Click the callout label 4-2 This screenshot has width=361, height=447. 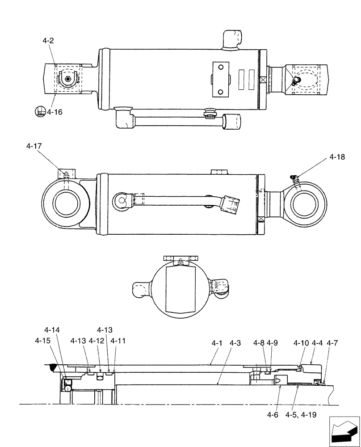pos(48,41)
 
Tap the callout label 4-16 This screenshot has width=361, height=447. pos(55,112)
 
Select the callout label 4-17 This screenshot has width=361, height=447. pos(34,146)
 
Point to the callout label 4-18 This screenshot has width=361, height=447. pos(338,157)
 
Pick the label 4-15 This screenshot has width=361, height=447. pos(43,341)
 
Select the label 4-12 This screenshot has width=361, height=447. pos(96,341)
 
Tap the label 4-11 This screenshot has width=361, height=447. pos(118,341)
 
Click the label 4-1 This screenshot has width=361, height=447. pos(217,343)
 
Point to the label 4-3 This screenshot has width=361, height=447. pos(235,343)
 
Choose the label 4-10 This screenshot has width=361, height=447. pos(301,343)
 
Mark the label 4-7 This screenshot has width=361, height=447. pos(332,343)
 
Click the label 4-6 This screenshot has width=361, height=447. pos(273,414)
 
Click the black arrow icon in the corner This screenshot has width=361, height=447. pos(344,431)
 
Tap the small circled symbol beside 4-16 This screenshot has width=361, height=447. pos(40,111)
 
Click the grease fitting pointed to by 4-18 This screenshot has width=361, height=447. pos(294,179)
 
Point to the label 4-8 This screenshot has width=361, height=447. pos(258,343)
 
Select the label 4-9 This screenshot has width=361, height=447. pos(273,343)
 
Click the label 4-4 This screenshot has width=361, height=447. pos(317,343)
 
